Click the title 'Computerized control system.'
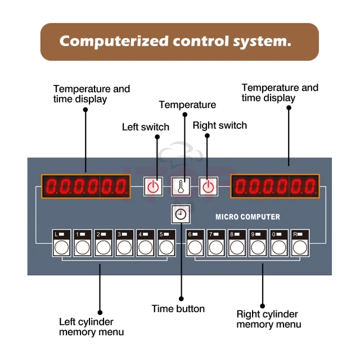[x=179, y=42]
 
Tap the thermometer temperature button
[x=181, y=186]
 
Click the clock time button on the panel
[x=181, y=214]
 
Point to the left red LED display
[x=85, y=186]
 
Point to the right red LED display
[x=275, y=186]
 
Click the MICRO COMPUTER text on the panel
[x=247, y=217]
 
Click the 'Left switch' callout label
[x=146, y=127]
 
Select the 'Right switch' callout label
[x=220, y=125]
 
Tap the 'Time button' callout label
[x=178, y=308]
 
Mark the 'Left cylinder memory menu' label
[x=92, y=326]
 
